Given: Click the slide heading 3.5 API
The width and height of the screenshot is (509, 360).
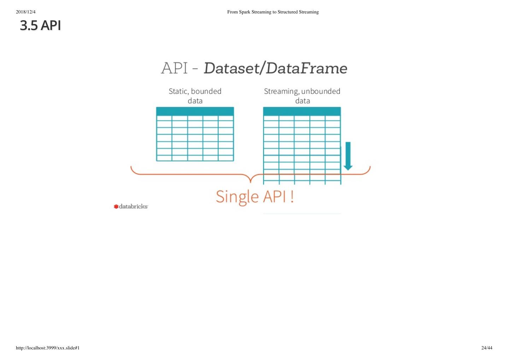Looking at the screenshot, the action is (x=40, y=25).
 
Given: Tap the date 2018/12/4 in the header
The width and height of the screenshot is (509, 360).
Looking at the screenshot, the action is (x=26, y=12).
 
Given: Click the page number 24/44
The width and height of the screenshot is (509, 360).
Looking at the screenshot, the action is (x=486, y=348).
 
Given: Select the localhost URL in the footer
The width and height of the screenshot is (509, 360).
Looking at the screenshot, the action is (x=48, y=348).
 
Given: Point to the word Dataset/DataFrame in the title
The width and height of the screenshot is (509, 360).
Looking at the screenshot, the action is (x=275, y=68).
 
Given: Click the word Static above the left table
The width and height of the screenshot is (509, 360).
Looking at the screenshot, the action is (x=178, y=91).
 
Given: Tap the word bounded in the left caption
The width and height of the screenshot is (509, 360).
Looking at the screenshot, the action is (x=206, y=91).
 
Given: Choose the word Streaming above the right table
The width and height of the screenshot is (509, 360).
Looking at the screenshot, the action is (x=281, y=91).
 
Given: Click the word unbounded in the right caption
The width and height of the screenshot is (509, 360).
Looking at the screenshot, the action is (x=321, y=91).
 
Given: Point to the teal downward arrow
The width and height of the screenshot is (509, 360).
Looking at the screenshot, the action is (x=348, y=156).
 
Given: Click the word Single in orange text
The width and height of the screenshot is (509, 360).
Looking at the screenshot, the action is (x=237, y=197).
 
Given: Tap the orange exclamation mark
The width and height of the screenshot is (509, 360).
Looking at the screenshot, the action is (x=292, y=197).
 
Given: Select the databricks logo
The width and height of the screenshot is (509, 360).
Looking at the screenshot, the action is (x=131, y=206).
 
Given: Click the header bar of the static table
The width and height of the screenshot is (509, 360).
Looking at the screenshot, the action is (x=195, y=111).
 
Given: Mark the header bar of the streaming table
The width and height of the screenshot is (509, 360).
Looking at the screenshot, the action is (x=302, y=111).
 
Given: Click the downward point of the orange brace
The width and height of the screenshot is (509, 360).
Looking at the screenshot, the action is (x=251, y=181).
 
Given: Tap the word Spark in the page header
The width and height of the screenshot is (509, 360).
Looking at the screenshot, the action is (x=245, y=12).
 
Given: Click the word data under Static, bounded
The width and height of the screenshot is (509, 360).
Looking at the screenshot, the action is (x=195, y=101).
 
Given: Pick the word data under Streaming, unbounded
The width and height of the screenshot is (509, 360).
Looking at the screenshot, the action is (x=303, y=101).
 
